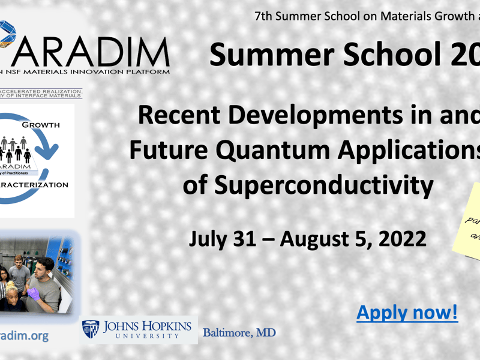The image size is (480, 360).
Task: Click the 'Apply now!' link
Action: point(407,313)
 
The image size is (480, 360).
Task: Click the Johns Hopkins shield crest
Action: point(91,329)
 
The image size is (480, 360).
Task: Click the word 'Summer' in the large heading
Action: point(271,55)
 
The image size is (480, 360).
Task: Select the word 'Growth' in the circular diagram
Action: point(40,125)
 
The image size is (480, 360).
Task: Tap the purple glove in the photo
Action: point(35,293)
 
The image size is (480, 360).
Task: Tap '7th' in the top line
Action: point(264,16)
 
